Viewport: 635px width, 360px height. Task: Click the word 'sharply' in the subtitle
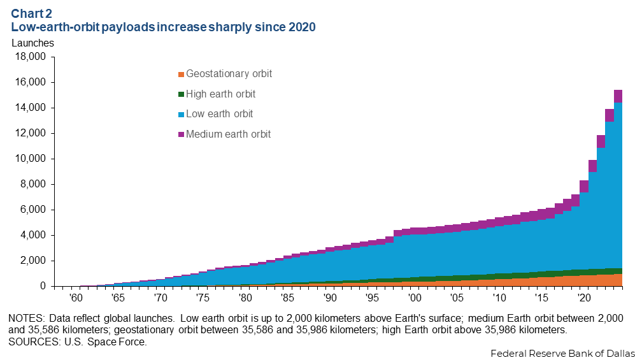tap(227, 27)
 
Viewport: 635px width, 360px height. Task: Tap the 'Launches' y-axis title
tap(32, 43)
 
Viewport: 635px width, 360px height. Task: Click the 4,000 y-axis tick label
tap(32, 235)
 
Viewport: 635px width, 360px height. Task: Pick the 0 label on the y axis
tap(43, 286)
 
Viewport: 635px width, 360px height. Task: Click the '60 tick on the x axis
tap(75, 298)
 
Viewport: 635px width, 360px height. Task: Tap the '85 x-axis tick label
tap(287, 298)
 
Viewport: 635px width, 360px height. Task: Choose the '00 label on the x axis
tap(414, 298)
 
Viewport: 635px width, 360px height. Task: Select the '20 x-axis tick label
tap(583, 298)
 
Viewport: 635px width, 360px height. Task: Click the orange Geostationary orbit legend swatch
tap(182, 75)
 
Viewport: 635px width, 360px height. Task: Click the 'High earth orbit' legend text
tap(220, 94)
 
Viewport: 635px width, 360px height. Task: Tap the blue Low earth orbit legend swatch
tap(182, 115)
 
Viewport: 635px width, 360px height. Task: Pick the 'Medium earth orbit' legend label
tap(228, 134)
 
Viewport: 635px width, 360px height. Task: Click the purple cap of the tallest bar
tap(618, 96)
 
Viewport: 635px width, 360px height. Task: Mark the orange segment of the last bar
tap(618, 280)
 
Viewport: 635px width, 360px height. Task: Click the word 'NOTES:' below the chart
tap(28, 317)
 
